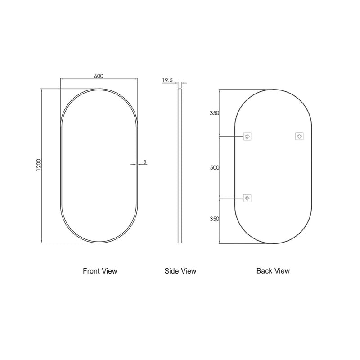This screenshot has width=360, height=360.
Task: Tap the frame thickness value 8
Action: click(x=145, y=161)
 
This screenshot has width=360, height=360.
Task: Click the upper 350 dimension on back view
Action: click(x=214, y=113)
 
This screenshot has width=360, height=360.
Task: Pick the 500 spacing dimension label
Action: click(x=214, y=167)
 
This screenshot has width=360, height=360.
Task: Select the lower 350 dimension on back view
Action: click(x=214, y=219)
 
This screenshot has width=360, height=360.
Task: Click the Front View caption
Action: click(x=99, y=271)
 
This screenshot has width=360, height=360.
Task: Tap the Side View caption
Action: click(x=180, y=271)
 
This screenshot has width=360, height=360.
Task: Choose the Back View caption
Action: click(x=273, y=271)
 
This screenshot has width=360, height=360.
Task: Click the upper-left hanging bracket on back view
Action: click(x=247, y=136)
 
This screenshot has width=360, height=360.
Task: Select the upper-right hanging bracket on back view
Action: click(x=299, y=136)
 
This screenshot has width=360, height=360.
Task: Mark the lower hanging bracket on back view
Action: click(x=247, y=198)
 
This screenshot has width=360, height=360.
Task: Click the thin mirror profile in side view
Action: click(x=180, y=166)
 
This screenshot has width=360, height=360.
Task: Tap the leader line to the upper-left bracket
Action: click(x=231, y=136)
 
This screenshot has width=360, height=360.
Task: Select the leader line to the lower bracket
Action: click(x=231, y=198)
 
